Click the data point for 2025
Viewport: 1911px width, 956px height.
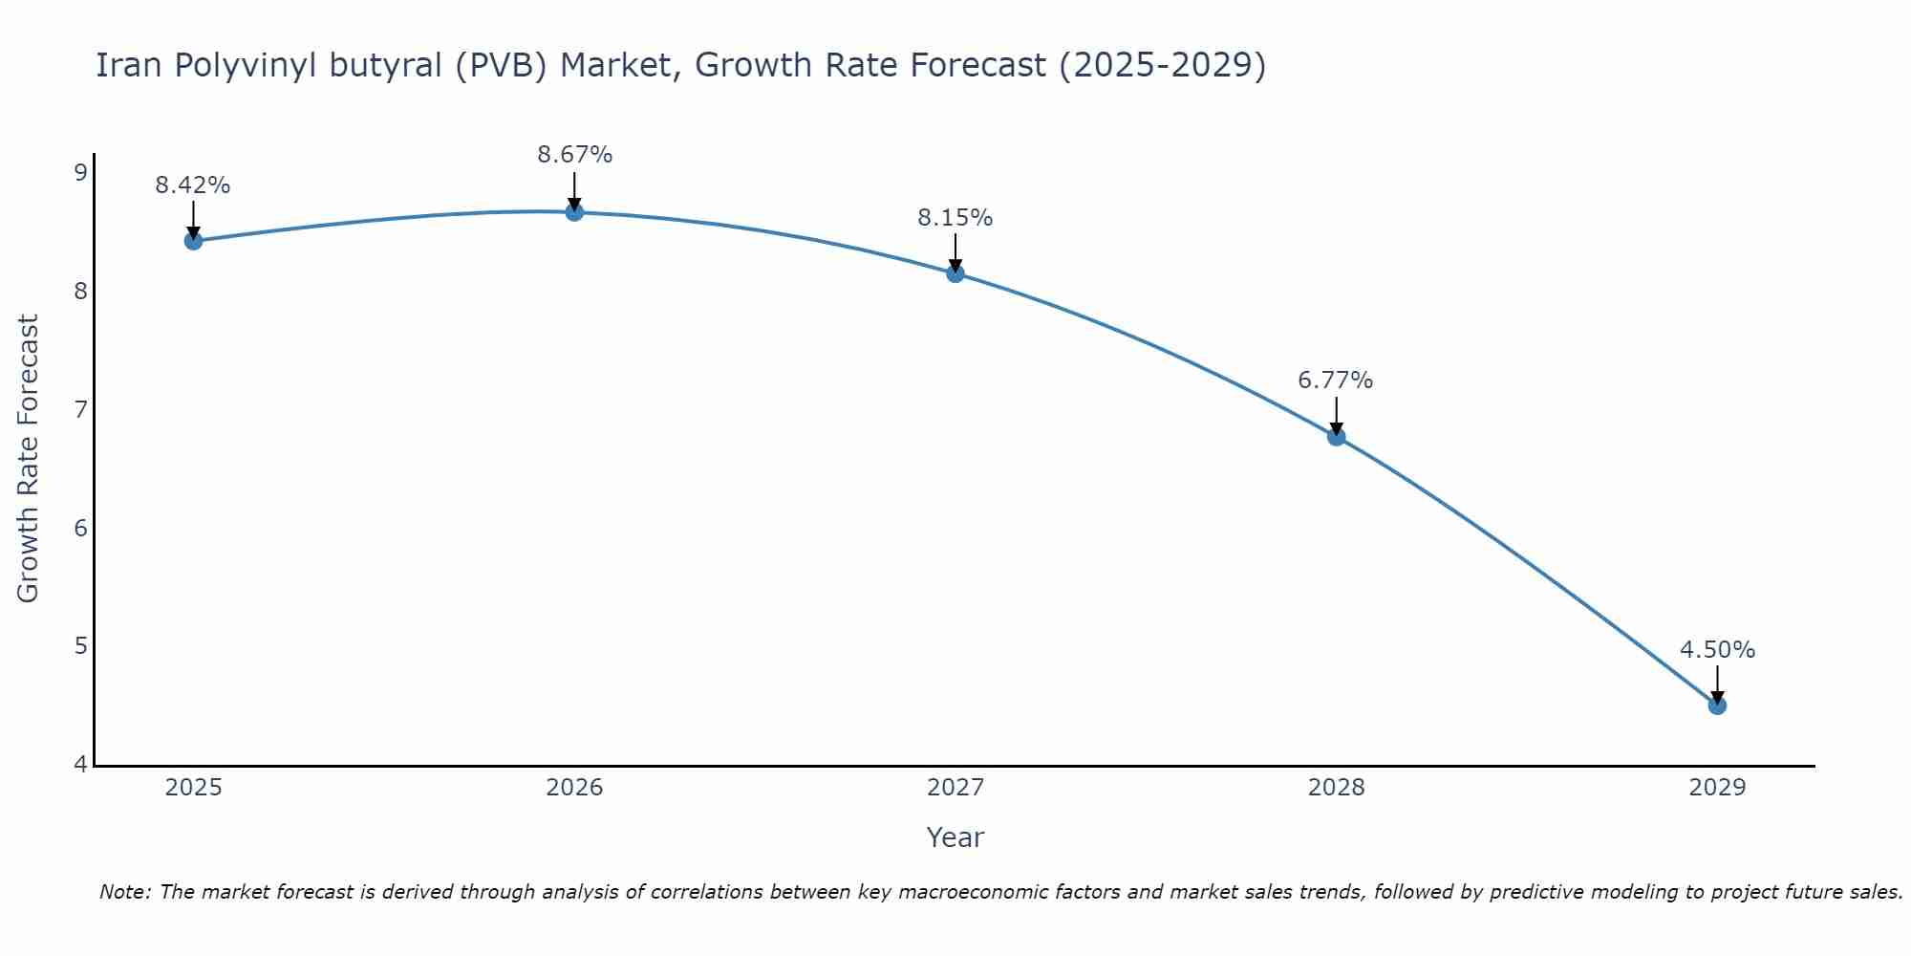(x=193, y=241)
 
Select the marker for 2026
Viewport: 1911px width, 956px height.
(x=574, y=212)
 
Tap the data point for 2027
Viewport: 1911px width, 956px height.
(x=955, y=273)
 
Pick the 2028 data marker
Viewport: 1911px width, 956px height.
(x=1336, y=437)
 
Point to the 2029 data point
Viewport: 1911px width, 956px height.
(x=1717, y=706)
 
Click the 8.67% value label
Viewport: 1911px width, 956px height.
(x=574, y=155)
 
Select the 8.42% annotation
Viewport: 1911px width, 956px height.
(x=193, y=185)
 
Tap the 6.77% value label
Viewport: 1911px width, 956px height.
(x=1335, y=380)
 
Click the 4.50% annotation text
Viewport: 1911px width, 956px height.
(x=1717, y=650)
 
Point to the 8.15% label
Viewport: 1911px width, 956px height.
(x=955, y=218)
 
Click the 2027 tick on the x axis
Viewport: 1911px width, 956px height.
(x=955, y=788)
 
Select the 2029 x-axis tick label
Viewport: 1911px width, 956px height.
(x=1717, y=788)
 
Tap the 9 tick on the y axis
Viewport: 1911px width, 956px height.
(x=81, y=173)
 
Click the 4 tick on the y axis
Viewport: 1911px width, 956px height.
(x=81, y=765)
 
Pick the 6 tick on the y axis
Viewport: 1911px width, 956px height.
(x=81, y=529)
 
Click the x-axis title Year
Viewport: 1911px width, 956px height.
(x=955, y=837)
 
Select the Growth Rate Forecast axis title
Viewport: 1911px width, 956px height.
(x=29, y=459)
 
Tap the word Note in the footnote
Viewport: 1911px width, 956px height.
(x=123, y=892)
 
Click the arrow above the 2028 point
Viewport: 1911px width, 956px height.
(x=1336, y=415)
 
